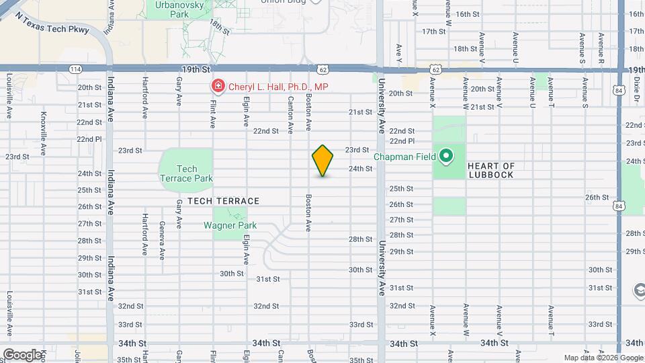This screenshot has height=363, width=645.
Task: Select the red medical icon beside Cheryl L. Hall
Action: pyautogui.click(x=218, y=87)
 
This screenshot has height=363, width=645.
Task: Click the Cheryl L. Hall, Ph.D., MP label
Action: pyautogui.click(x=269, y=87)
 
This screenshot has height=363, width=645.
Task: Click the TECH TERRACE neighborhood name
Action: pyautogui.click(x=223, y=201)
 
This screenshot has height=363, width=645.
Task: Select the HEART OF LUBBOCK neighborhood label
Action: pyautogui.click(x=490, y=170)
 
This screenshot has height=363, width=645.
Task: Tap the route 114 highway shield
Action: pyautogui.click(x=75, y=69)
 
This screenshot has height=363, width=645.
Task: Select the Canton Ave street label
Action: pyautogui.click(x=291, y=112)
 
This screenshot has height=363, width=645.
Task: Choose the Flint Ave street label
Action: pyautogui.click(x=213, y=112)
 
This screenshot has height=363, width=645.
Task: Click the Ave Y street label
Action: pyautogui.click(x=399, y=51)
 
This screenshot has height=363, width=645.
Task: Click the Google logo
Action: pyautogui.click(x=22, y=355)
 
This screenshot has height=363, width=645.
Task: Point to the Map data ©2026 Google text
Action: pyautogui.click(x=603, y=358)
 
